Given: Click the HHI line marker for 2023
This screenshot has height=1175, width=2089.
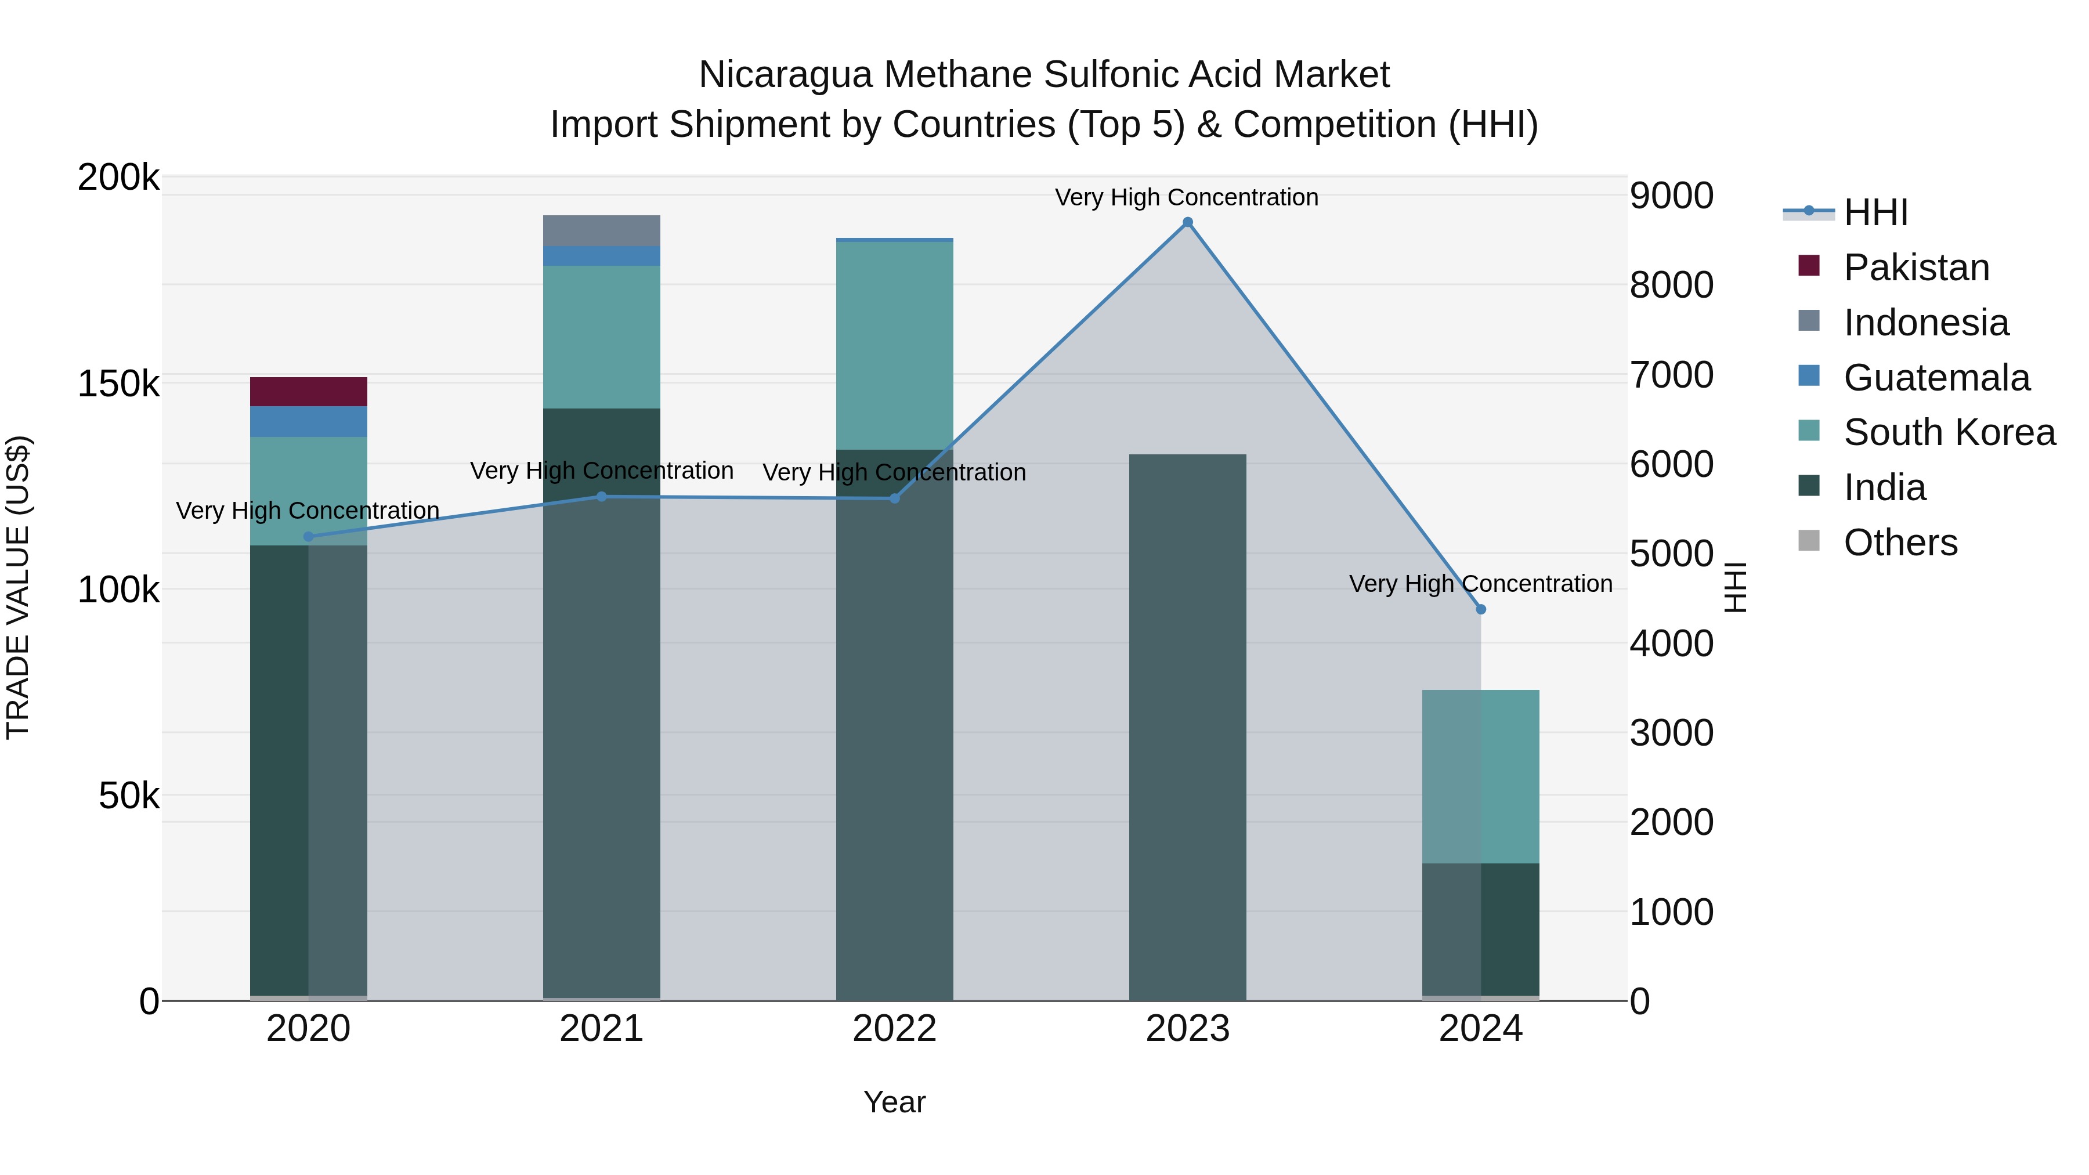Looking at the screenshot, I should click(1187, 222).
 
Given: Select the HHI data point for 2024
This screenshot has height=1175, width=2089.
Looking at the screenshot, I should click(1481, 609).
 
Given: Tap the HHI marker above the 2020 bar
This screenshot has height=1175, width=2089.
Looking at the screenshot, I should click(308, 536).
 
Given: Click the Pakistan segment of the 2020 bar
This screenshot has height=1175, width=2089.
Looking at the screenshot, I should click(308, 392).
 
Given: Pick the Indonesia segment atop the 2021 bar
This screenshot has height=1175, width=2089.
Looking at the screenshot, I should click(601, 230).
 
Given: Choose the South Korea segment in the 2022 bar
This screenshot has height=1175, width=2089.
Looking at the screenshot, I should click(894, 345).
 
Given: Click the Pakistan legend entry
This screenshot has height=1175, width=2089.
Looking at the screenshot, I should click(1915, 267).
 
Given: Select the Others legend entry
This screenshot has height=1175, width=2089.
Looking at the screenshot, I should click(1899, 543).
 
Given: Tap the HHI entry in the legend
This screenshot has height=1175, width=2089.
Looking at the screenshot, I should click(1875, 212).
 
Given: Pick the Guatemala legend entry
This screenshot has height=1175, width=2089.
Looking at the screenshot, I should click(1936, 378).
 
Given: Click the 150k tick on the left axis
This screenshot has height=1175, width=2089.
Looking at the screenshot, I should click(118, 384).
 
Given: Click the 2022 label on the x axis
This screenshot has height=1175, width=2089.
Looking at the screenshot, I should click(894, 1029).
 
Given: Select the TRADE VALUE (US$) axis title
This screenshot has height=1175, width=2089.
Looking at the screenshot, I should click(18, 587).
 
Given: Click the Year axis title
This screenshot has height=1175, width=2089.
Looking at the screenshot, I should click(894, 1102).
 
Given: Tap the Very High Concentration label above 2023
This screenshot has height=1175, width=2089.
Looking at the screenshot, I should click(1187, 197).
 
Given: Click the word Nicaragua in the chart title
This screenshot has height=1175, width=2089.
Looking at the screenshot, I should click(784, 75).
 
